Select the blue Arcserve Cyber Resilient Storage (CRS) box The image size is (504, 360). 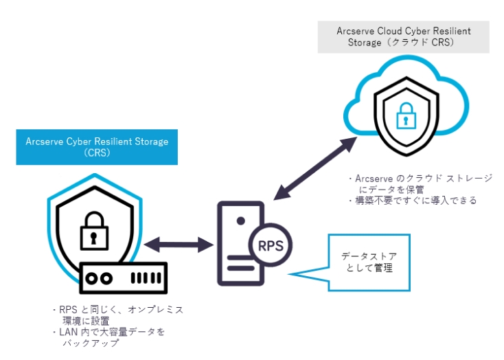97,147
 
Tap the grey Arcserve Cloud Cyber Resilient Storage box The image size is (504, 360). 403,36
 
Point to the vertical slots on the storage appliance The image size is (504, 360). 145,279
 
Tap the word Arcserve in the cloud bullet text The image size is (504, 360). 373,179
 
